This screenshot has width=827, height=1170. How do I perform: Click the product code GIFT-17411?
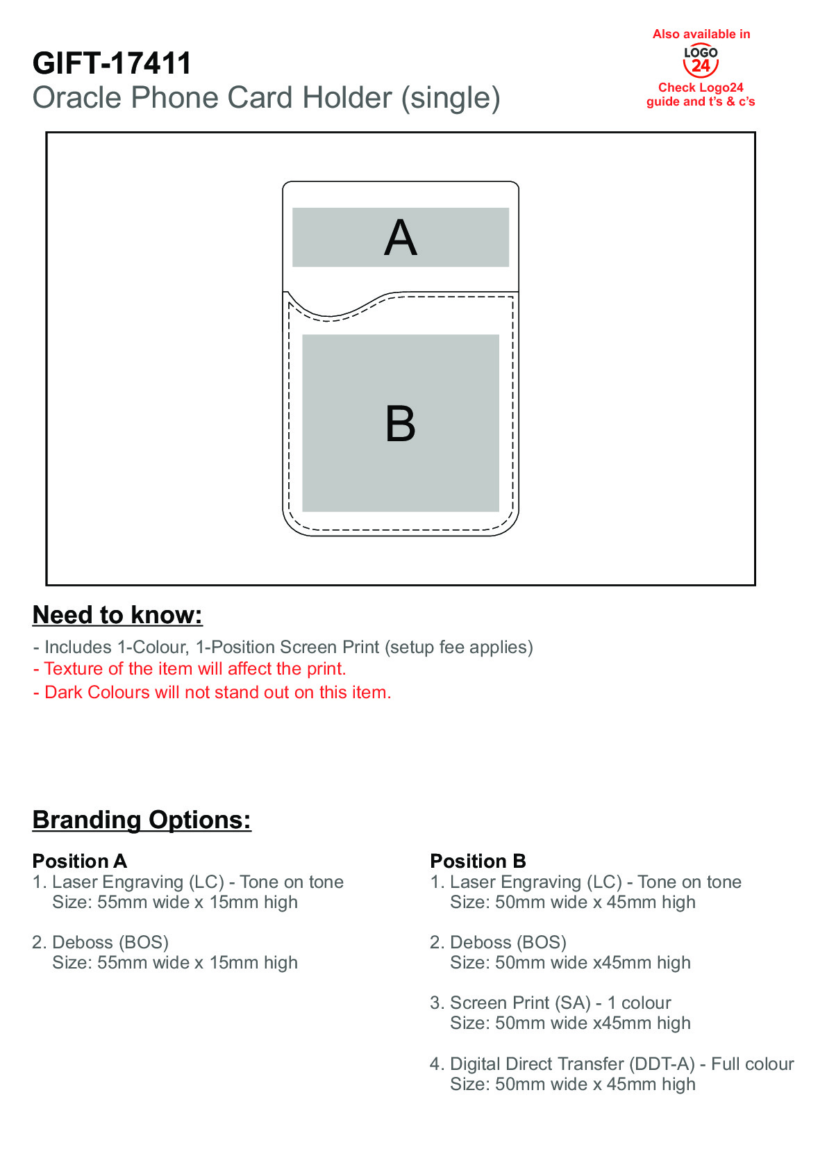(112, 63)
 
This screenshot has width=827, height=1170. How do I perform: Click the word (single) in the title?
(451, 99)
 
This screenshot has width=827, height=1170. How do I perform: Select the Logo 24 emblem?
(701, 61)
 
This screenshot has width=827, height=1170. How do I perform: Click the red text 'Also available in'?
(701, 35)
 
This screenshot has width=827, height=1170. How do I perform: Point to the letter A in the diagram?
(401, 238)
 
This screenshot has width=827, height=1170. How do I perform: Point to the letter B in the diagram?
(401, 424)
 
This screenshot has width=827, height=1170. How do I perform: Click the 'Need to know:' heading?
(117, 615)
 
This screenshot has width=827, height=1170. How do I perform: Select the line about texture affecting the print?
(190, 668)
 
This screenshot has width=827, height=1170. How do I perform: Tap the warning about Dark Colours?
(212, 692)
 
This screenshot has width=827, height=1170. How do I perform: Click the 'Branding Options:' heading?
(142, 820)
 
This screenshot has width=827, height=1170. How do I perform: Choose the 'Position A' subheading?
(80, 861)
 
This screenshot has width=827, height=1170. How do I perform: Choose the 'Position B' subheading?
(478, 861)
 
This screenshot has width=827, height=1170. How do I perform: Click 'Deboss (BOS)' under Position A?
(110, 942)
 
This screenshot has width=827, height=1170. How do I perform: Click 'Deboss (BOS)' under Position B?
(508, 942)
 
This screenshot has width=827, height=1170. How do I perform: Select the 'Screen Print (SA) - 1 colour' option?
(560, 1003)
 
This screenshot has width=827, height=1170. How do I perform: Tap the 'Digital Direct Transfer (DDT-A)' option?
(572, 1064)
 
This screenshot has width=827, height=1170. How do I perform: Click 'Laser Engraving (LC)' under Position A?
(137, 882)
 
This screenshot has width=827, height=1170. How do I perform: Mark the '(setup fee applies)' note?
(459, 647)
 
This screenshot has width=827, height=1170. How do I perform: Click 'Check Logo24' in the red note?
(700, 88)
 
